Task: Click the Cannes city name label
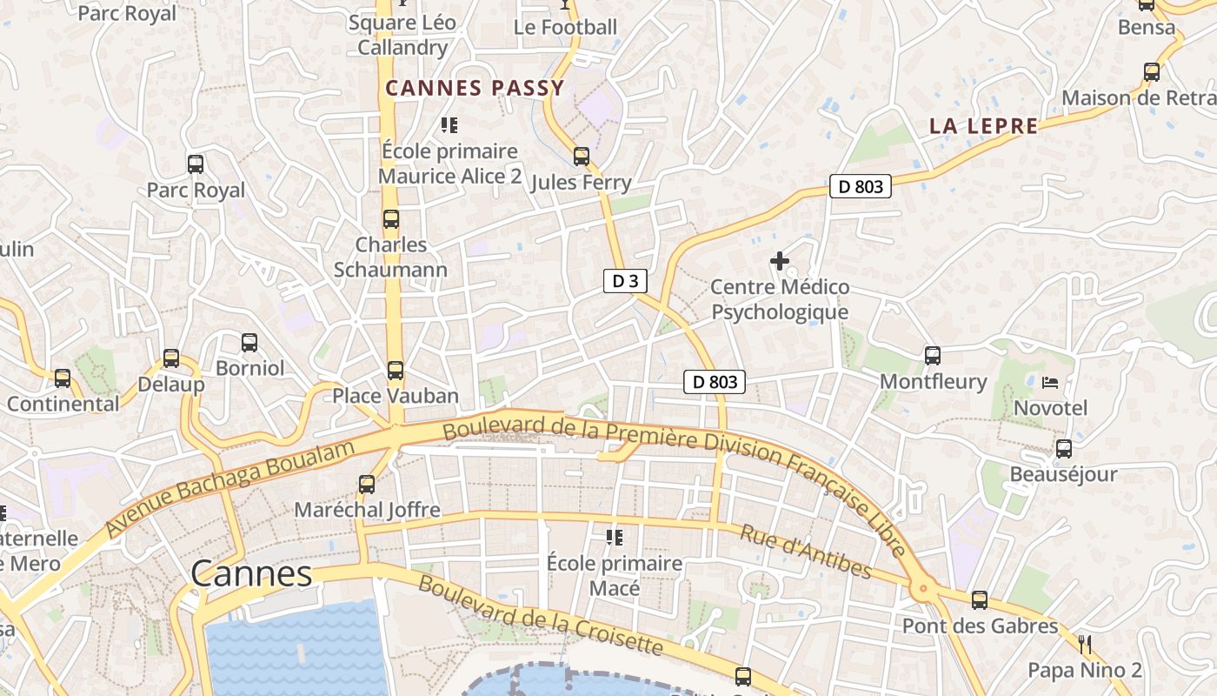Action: pyautogui.click(x=250, y=573)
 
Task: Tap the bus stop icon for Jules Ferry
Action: pyautogui.click(x=582, y=157)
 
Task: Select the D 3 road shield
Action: pyautogui.click(x=625, y=280)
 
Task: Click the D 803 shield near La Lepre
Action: pyautogui.click(x=861, y=186)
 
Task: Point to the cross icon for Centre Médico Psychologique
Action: pyautogui.click(x=780, y=260)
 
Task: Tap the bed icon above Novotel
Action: pyautogui.click(x=1050, y=382)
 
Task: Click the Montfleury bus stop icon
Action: pyautogui.click(x=933, y=355)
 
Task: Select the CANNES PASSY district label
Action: pyautogui.click(x=475, y=88)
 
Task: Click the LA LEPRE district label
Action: pyautogui.click(x=984, y=126)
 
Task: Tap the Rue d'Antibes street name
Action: pyautogui.click(x=805, y=552)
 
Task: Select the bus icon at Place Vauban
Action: pyautogui.click(x=396, y=371)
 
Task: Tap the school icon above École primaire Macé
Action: pyautogui.click(x=615, y=538)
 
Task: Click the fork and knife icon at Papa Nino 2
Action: pyautogui.click(x=1084, y=645)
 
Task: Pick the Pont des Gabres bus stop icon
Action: pyautogui.click(x=980, y=600)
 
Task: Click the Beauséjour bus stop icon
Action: pyautogui.click(x=1064, y=449)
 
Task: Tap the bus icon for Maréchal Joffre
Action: pyautogui.click(x=367, y=485)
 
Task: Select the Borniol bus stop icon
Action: pyautogui.click(x=249, y=343)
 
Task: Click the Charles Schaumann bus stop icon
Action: pyautogui.click(x=391, y=219)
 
